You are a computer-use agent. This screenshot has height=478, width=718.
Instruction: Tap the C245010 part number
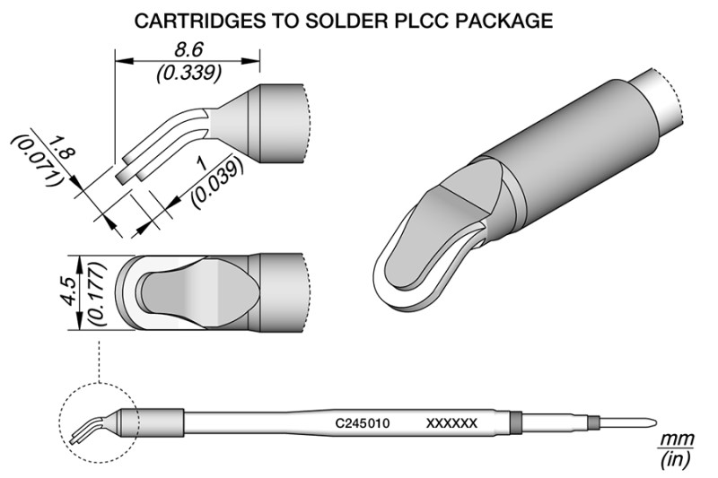(x=362, y=422)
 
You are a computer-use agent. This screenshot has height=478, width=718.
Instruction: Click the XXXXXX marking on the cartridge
(x=451, y=422)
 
